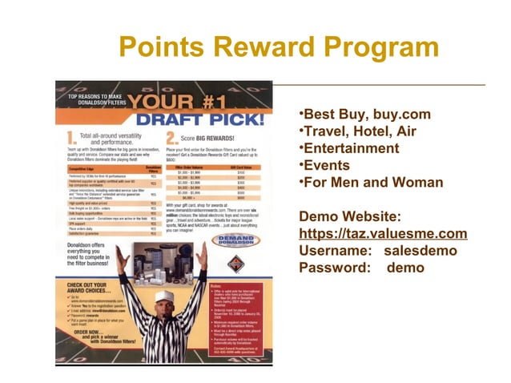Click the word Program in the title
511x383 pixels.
tap(376, 47)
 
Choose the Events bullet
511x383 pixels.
tap(324, 165)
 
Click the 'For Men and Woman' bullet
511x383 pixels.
tap(370, 182)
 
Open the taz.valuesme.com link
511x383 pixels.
tap(382, 233)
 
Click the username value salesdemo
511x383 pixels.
tap(420, 250)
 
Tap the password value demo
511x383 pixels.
tap(405, 267)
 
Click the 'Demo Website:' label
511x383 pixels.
tap(349, 216)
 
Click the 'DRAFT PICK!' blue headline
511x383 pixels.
tap(201, 119)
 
